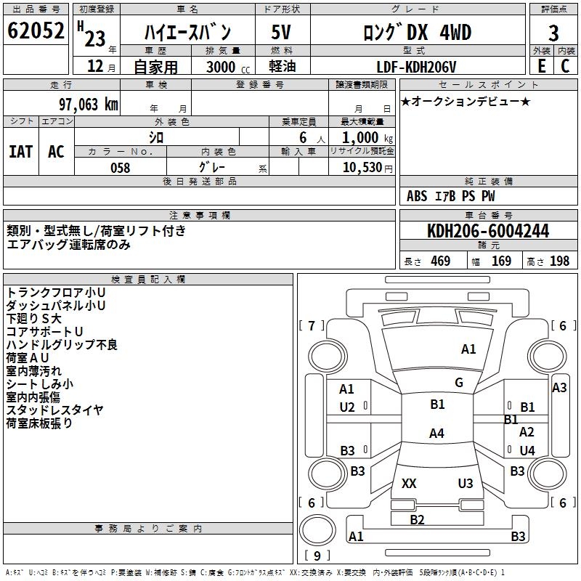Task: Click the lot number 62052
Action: pos(35,31)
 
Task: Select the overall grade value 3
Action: pos(553,33)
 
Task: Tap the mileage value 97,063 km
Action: pos(87,104)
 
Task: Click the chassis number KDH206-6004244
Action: pos(488,231)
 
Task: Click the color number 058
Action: pos(120,168)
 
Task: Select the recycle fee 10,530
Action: pos(361,168)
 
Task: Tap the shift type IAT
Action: pos(20,152)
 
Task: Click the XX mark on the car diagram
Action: pos(409,484)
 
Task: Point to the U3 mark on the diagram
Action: pos(466,484)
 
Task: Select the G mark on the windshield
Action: pos(459,383)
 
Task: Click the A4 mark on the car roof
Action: pos(436,434)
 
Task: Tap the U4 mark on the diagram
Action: pos(527,450)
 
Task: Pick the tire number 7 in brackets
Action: pos(312,325)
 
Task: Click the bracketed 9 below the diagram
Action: pos(317,556)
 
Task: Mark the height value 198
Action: pos(559,261)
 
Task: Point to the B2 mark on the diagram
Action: pos(417,519)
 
